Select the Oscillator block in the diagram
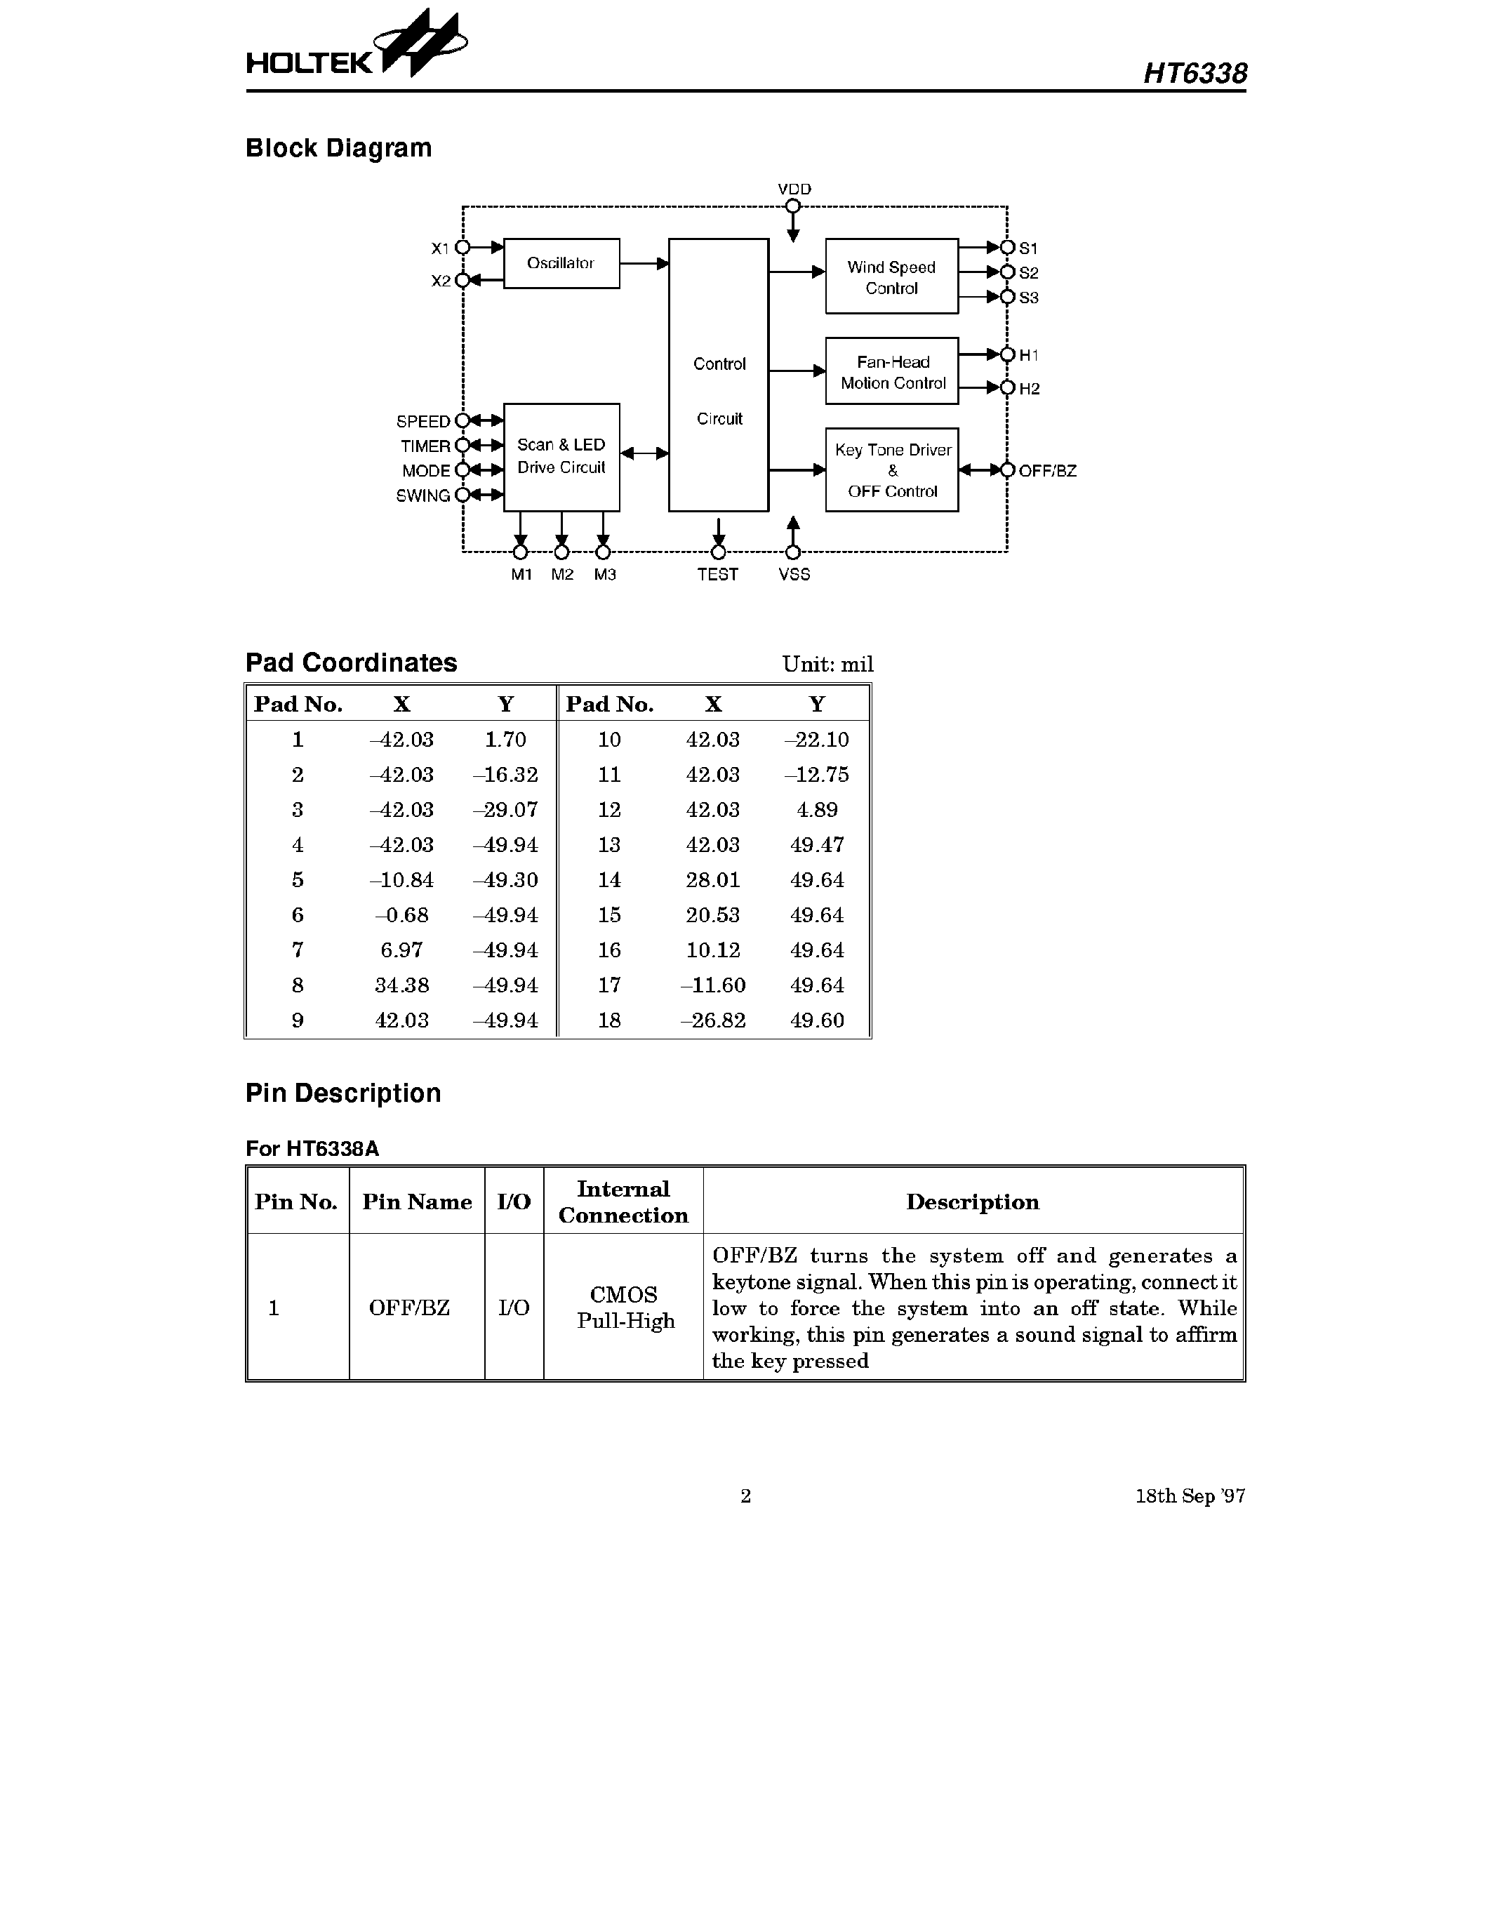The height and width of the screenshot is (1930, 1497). click(x=561, y=263)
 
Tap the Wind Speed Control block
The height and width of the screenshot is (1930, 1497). click(x=891, y=277)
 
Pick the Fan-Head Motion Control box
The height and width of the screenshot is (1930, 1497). click(x=891, y=371)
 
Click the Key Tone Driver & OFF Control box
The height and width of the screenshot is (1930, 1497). click(x=891, y=470)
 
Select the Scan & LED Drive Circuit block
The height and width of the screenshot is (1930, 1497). click(x=561, y=457)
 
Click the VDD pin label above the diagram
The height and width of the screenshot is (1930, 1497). click(x=794, y=189)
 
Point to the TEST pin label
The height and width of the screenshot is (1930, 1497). click(x=717, y=574)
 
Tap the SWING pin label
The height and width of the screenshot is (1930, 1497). click(x=423, y=495)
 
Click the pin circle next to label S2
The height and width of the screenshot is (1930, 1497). click(x=1006, y=272)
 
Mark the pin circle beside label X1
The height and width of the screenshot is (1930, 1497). click(x=463, y=248)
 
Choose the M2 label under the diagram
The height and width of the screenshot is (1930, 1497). click(x=562, y=574)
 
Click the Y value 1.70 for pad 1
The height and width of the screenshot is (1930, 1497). click(x=505, y=740)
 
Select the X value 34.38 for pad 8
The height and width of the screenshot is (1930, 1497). click(x=401, y=985)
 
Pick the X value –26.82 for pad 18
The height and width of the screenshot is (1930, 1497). click(x=712, y=1020)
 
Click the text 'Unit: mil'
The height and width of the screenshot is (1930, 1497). click(x=827, y=665)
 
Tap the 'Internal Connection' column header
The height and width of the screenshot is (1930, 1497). click(x=623, y=1202)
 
